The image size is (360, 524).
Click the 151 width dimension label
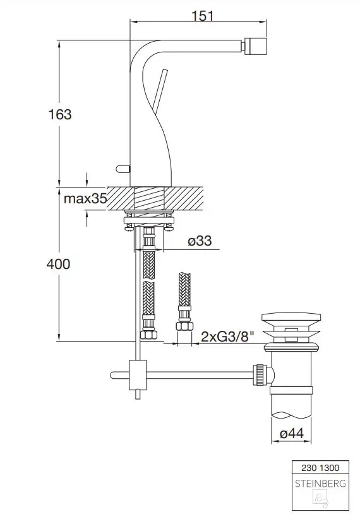point(203,16)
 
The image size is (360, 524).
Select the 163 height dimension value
point(60,114)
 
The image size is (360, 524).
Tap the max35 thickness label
point(85,199)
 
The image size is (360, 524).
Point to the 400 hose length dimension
point(59,264)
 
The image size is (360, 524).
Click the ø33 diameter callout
point(200,241)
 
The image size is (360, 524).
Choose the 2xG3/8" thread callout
point(227,336)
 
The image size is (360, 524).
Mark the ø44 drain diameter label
point(292,434)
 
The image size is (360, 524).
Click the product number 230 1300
point(320,468)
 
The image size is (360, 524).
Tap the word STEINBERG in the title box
point(320,483)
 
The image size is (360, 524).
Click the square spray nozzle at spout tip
point(256,46)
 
